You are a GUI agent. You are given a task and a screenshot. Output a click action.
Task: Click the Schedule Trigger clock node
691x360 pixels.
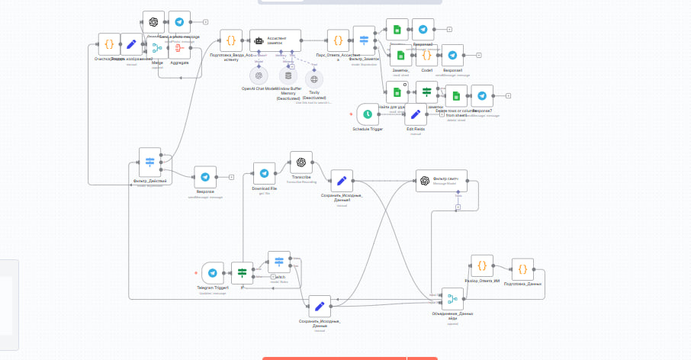coord(368,114)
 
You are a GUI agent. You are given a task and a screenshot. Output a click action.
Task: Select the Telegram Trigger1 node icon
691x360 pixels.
coord(213,273)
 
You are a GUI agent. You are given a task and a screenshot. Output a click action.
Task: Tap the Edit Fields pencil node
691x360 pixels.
coord(415,114)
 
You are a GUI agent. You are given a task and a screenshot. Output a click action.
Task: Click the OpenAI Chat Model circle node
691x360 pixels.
coord(259,76)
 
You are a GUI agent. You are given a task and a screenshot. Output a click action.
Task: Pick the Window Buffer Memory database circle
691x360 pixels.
coord(288,76)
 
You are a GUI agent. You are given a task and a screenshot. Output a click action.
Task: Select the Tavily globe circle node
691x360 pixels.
coord(313,78)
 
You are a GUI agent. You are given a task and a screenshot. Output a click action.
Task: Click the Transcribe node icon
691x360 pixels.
coord(301,162)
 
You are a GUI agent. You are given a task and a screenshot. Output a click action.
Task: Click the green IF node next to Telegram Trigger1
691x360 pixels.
coord(242,273)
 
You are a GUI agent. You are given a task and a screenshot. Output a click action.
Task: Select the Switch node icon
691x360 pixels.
coord(279,262)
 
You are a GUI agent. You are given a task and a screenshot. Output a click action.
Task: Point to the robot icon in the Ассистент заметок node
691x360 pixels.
coord(259,40)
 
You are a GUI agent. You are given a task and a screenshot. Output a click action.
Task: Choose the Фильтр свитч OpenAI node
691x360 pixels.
coord(425,181)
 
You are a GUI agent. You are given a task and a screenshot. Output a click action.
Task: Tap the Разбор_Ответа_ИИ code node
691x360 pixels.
coord(482,265)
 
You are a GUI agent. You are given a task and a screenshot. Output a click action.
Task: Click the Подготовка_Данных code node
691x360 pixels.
coord(522,268)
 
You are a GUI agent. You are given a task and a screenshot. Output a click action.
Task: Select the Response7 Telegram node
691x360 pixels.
coord(482,95)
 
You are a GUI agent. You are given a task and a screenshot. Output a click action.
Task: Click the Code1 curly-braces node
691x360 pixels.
coord(427,55)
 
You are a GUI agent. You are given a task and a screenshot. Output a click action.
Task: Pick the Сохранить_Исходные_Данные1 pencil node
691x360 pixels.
coord(342,181)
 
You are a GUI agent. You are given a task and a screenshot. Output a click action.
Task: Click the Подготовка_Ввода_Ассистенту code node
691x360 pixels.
coord(231,40)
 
